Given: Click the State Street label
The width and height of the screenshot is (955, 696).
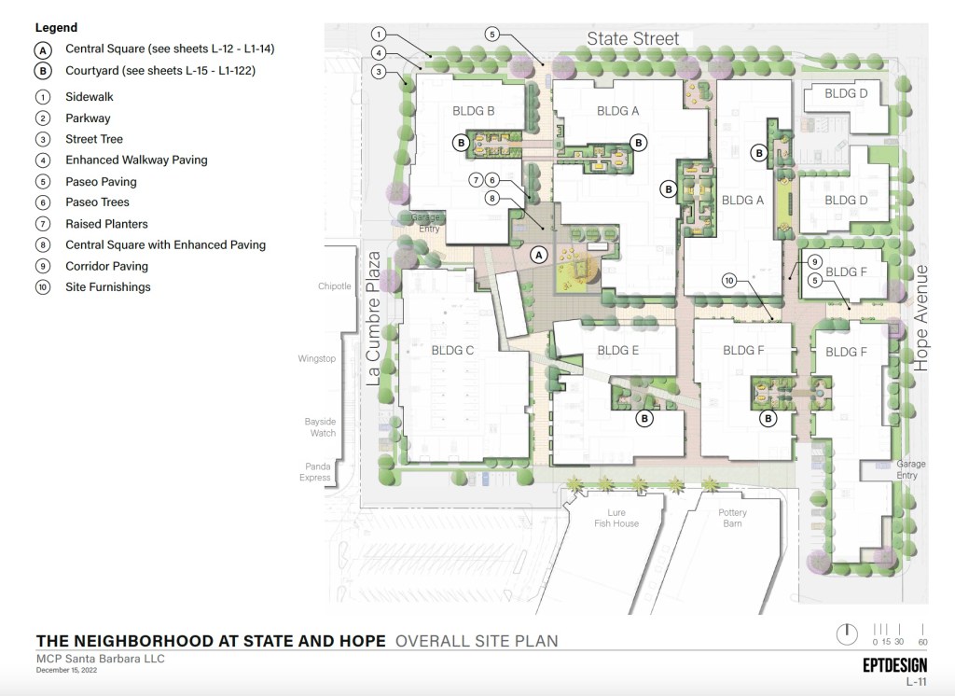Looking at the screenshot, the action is click(633, 38).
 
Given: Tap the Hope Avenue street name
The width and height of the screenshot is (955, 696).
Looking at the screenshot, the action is click(920, 318).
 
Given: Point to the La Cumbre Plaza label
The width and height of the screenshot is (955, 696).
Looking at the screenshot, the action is click(373, 318).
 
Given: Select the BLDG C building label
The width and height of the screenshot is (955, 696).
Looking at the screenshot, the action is click(452, 351).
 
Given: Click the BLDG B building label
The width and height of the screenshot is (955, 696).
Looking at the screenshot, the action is click(473, 111).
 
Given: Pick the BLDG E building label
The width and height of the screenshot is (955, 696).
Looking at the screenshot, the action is click(617, 351).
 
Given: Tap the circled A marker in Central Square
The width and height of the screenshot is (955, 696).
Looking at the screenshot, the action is click(538, 255).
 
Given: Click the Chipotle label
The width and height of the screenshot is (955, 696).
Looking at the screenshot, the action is click(335, 285).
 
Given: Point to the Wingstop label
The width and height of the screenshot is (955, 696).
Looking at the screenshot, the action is click(317, 358).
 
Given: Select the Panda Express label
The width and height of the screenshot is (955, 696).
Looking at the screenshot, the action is click(315, 472).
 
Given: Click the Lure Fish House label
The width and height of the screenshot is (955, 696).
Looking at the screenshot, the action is click(616, 518).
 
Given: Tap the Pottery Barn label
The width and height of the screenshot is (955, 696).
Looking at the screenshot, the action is click(732, 518).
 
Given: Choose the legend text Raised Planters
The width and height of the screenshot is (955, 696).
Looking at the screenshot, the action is click(106, 224).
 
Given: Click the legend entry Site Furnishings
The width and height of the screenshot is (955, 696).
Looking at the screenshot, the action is click(108, 287).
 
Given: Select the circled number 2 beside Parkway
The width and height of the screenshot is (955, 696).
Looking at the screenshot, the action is click(43, 118).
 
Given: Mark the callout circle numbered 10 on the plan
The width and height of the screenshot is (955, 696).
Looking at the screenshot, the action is click(729, 280).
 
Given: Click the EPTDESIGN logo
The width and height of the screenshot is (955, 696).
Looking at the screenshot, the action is click(894, 665).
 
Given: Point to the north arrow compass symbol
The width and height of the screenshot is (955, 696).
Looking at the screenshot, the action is click(847, 633).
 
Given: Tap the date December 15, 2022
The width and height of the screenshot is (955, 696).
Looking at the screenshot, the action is click(66, 670).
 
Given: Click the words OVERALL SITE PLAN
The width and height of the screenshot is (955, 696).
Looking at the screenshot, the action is click(477, 641).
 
